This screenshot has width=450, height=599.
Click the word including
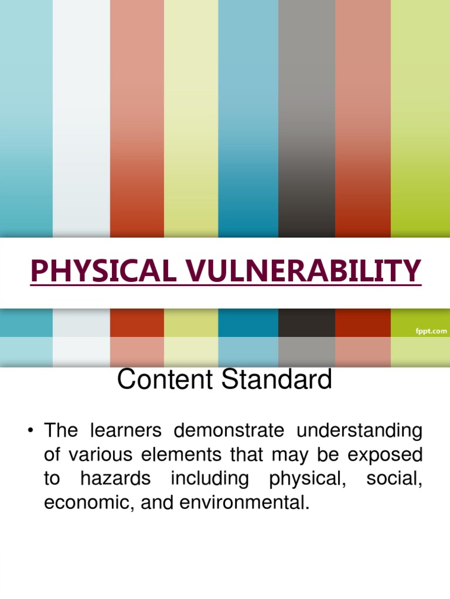210,479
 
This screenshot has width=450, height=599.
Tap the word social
393,478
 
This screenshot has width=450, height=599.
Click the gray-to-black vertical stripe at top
306,117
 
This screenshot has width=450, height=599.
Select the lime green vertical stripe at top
420,117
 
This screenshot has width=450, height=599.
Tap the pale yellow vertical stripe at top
191,117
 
